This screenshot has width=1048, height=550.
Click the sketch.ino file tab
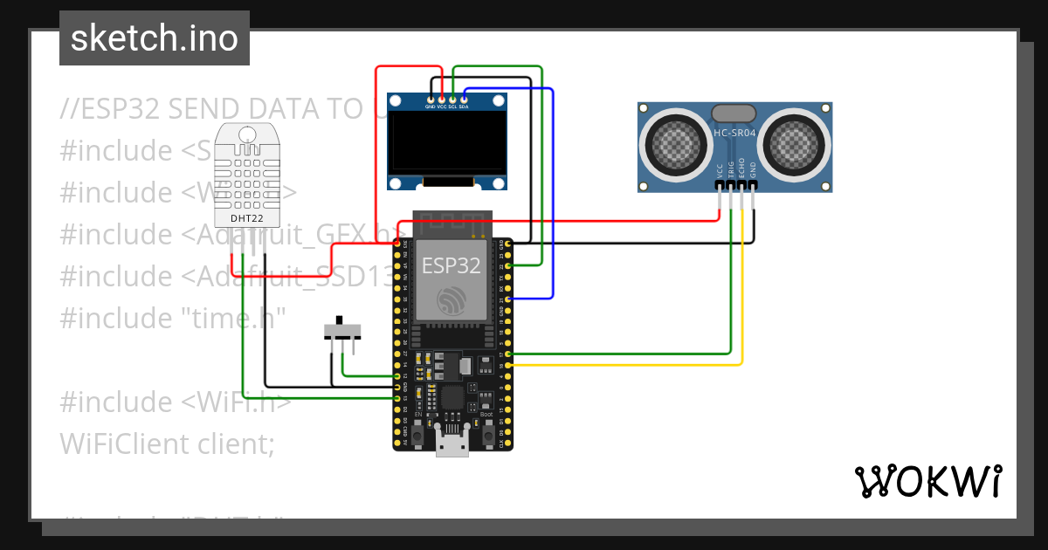154,38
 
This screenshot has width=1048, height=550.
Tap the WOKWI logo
927,481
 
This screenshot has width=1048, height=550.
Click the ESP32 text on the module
452,265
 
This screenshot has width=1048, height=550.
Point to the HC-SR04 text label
734,134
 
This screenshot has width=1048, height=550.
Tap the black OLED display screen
447,143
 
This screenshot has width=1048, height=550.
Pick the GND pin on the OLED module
431,100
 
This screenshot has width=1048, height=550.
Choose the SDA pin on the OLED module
464,100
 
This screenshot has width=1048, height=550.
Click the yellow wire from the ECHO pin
742,297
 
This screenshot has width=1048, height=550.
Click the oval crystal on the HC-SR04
734,113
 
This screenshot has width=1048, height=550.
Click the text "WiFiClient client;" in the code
167,443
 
